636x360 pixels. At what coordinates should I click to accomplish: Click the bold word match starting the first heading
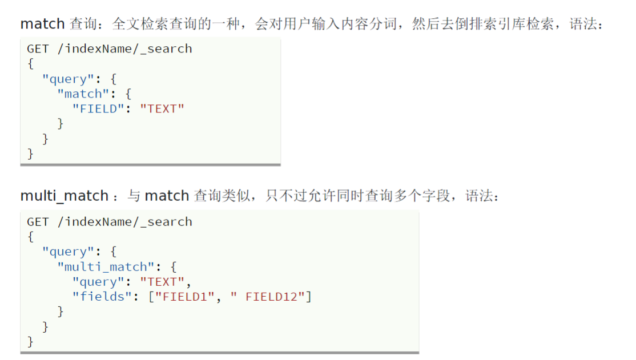pyautogui.click(x=42, y=25)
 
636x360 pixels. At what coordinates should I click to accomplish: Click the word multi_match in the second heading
pyautogui.click(x=64, y=196)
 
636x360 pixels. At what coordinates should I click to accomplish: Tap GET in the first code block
pyautogui.click(x=38, y=49)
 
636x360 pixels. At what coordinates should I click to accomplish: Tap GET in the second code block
pyautogui.click(x=38, y=222)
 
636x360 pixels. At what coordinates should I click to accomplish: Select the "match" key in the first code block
pyautogui.click(x=83, y=94)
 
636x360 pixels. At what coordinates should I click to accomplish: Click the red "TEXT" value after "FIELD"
pyautogui.click(x=162, y=108)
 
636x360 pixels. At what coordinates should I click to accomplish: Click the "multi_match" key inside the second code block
pyautogui.click(x=106, y=266)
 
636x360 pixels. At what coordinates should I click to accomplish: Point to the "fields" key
pyautogui.click(x=102, y=297)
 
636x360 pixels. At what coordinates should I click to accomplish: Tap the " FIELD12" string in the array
pyautogui.click(x=268, y=297)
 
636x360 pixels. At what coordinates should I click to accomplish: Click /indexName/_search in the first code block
pyautogui.click(x=124, y=49)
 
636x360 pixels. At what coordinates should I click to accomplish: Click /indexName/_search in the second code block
pyautogui.click(x=124, y=222)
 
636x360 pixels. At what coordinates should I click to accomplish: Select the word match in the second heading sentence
pyautogui.click(x=167, y=196)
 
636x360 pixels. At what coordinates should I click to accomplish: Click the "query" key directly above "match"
pyautogui.click(x=68, y=79)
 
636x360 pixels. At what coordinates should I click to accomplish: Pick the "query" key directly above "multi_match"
pyautogui.click(x=68, y=252)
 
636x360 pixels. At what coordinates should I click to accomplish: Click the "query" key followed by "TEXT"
pyautogui.click(x=98, y=281)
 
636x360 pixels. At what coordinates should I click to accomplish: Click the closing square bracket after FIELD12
pyautogui.click(x=309, y=297)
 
